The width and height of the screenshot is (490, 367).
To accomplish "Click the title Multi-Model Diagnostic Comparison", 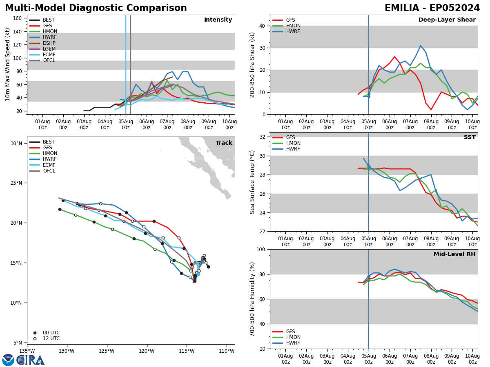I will click(x=96, y=8).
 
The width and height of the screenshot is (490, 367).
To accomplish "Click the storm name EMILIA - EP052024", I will click(x=432, y=8).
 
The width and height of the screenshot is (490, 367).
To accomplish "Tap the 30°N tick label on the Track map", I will click(x=16, y=144).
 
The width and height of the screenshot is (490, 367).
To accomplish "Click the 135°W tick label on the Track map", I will click(x=27, y=351).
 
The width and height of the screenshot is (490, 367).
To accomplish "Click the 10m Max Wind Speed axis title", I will click(x=8, y=64).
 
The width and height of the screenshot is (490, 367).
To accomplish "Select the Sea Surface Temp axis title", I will click(x=252, y=182).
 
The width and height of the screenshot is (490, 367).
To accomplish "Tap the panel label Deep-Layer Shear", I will click(x=447, y=20).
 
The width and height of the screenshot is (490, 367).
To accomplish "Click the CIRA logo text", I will click(x=31, y=360).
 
